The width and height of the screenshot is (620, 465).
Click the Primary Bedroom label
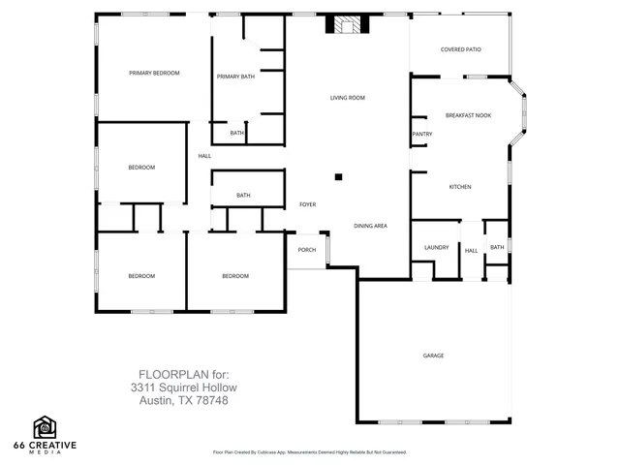pyautogui.click(x=155, y=73)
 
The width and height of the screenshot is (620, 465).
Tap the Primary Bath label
pyautogui.click(x=235, y=77)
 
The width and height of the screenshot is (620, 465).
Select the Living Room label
pyautogui.click(x=347, y=98)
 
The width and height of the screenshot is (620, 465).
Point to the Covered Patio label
pyautogui.click(x=461, y=49)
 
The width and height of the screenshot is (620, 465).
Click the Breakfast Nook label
pyautogui.click(x=468, y=115)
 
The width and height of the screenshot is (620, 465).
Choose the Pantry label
pyautogui.click(x=421, y=134)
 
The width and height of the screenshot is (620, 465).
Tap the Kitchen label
pyautogui.click(x=459, y=186)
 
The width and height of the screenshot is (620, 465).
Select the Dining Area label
pyautogui.click(x=370, y=226)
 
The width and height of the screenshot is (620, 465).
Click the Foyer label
pyautogui.click(x=307, y=204)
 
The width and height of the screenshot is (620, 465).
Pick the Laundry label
pyautogui.click(x=436, y=247)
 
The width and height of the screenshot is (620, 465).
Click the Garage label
pyautogui.click(x=433, y=356)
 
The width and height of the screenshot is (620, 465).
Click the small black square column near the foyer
pyautogui.click(x=338, y=176)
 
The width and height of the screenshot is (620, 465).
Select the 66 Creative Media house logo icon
pyautogui.click(x=44, y=426)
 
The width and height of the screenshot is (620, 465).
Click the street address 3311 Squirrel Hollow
pyautogui.click(x=184, y=387)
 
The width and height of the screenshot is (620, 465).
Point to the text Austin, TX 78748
pyautogui.click(x=184, y=399)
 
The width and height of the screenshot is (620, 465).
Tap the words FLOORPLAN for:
pyautogui.click(x=184, y=374)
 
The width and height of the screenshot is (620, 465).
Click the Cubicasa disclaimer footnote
pyautogui.click(x=309, y=452)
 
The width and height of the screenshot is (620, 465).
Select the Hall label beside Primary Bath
pyautogui.click(x=204, y=156)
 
